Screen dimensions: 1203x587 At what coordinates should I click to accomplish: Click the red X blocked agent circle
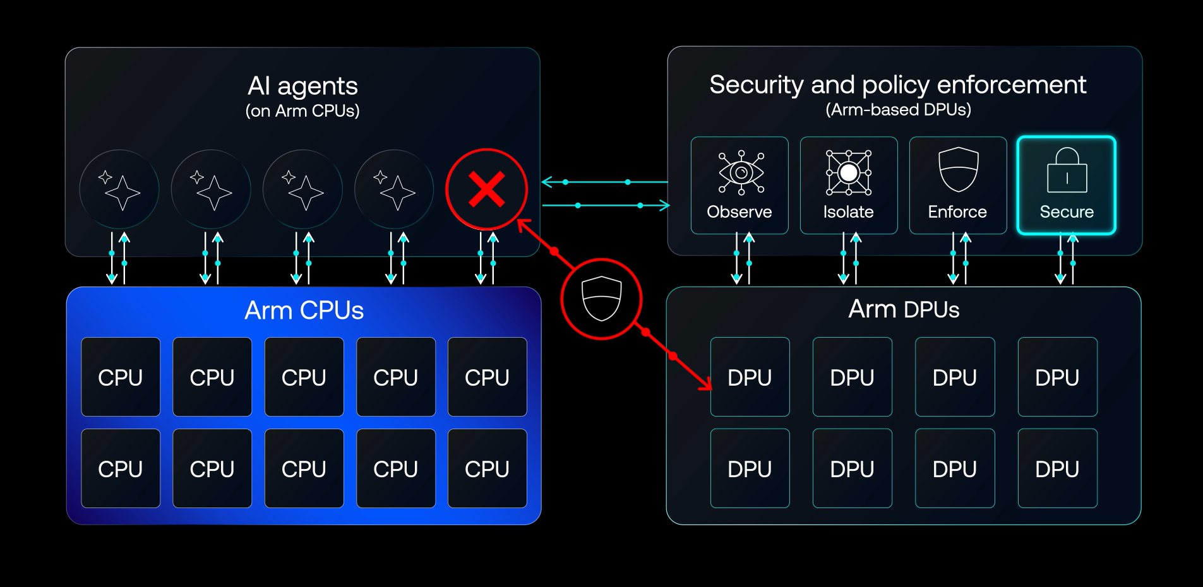(x=486, y=189)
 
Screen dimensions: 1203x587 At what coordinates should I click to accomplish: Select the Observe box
(x=739, y=185)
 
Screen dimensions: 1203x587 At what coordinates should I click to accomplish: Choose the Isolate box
(x=849, y=185)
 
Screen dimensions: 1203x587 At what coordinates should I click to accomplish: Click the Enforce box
(x=958, y=185)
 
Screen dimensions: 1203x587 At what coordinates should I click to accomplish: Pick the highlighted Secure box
(x=1067, y=185)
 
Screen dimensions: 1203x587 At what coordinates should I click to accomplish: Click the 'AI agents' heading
(x=302, y=86)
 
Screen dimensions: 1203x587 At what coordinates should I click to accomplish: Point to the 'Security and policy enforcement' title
(x=898, y=85)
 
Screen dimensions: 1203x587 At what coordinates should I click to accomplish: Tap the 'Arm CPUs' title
(x=304, y=311)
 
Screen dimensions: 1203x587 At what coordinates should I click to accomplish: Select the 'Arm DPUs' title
(x=904, y=309)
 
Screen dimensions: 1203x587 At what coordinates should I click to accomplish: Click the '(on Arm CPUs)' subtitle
(x=302, y=111)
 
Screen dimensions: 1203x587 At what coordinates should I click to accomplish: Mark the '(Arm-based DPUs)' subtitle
(x=898, y=110)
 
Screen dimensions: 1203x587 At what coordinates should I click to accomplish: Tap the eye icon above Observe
(x=741, y=172)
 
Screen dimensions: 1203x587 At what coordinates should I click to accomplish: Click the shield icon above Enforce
(x=959, y=169)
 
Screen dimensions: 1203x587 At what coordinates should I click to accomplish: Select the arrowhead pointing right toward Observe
(x=664, y=205)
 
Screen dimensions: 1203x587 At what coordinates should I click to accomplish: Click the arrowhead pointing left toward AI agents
(x=547, y=182)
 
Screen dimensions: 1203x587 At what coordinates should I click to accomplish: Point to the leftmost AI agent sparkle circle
(x=119, y=189)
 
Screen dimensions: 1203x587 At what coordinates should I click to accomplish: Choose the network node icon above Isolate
(x=849, y=172)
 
